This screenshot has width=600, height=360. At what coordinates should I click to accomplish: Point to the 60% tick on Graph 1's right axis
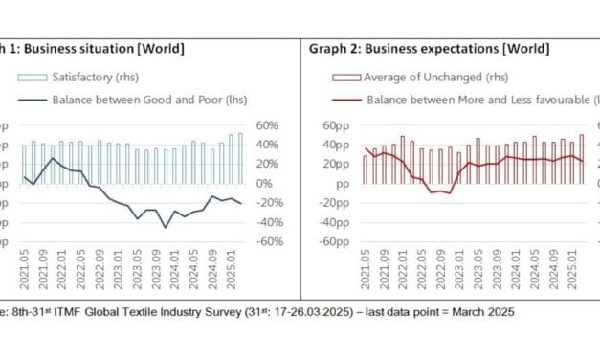266,125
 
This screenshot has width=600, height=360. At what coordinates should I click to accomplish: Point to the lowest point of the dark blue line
165,227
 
